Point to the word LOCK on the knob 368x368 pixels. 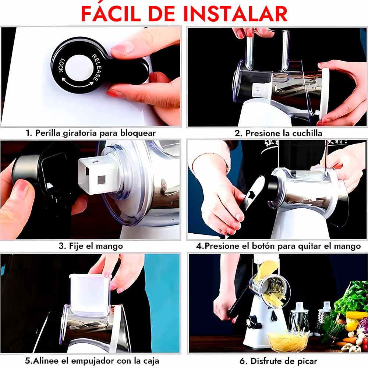click(61, 66)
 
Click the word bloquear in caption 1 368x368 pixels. click(138, 133)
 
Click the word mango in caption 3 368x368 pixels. click(109, 246)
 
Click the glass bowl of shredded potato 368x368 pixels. click(288, 340)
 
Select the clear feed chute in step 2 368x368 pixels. click(267, 50)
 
